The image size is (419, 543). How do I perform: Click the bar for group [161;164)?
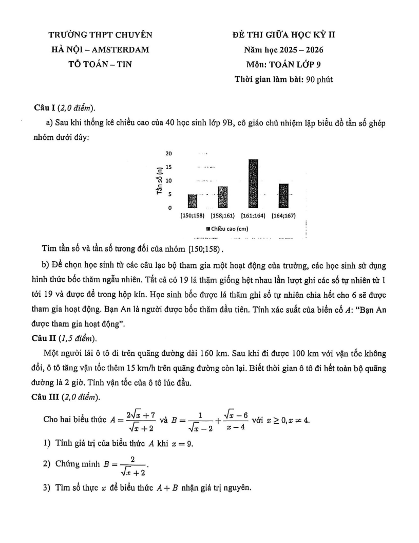pyautogui.click(x=253, y=184)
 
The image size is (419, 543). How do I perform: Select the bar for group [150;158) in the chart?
pyautogui.click(x=193, y=201)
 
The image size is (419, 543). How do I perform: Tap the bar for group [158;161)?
pyautogui.click(x=222, y=197)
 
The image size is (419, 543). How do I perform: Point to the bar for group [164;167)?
pyautogui.click(x=283, y=196)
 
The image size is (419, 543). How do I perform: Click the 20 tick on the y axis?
pyautogui.click(x=168, y=154)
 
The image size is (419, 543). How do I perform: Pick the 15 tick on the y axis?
pyautogui.click(x=168, y=167)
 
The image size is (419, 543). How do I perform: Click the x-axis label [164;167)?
pyautogui.click(x=283, y=215)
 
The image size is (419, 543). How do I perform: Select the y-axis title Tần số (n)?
pyautogui.click(x=160, y=182)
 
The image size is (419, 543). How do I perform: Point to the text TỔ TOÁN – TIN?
pyautogui.click(x=100, y=64)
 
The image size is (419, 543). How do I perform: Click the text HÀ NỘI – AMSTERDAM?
pyautogui.click(x=100, y=49)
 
